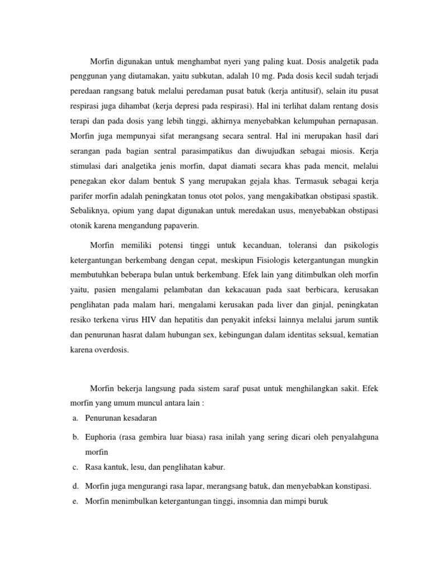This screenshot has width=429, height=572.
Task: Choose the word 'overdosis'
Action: pos(111,350)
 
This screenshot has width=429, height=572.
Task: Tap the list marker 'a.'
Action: pos(74,418)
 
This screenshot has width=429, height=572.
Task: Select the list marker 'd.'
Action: pos(74,486)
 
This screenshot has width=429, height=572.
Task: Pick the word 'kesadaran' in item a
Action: pos(139,418)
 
